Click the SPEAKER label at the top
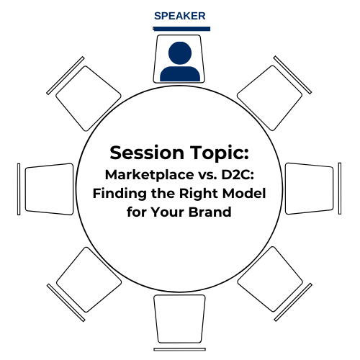[x=180, y=16]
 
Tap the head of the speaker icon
[x=180, y=53]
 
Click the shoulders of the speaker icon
[x=180, y=73]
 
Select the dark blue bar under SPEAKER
[x=181, y=29]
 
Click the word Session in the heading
[x=147, y=153]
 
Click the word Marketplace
[x=150, y=175]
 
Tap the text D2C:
[x=238, y=174]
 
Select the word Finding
[x=120, y=194]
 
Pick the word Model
[x=244, y=193]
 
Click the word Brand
[x=210, y=212]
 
